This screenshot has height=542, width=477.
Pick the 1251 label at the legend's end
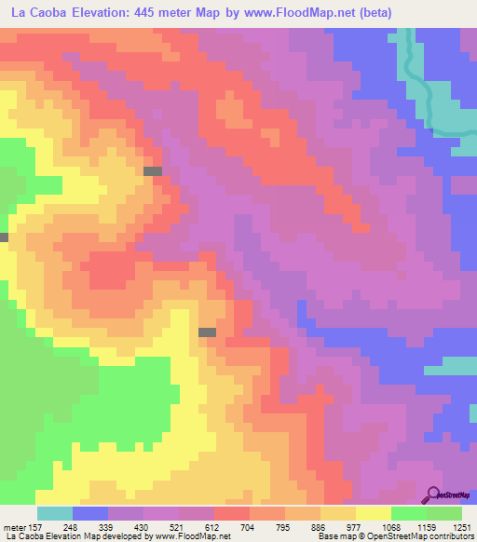[462, 527]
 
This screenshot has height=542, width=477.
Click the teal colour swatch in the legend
[55, 513]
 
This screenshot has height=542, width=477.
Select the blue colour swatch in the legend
[90, 513]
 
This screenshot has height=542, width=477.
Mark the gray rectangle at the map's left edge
[4, 237]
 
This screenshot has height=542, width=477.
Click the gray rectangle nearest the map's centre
[207, 332]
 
